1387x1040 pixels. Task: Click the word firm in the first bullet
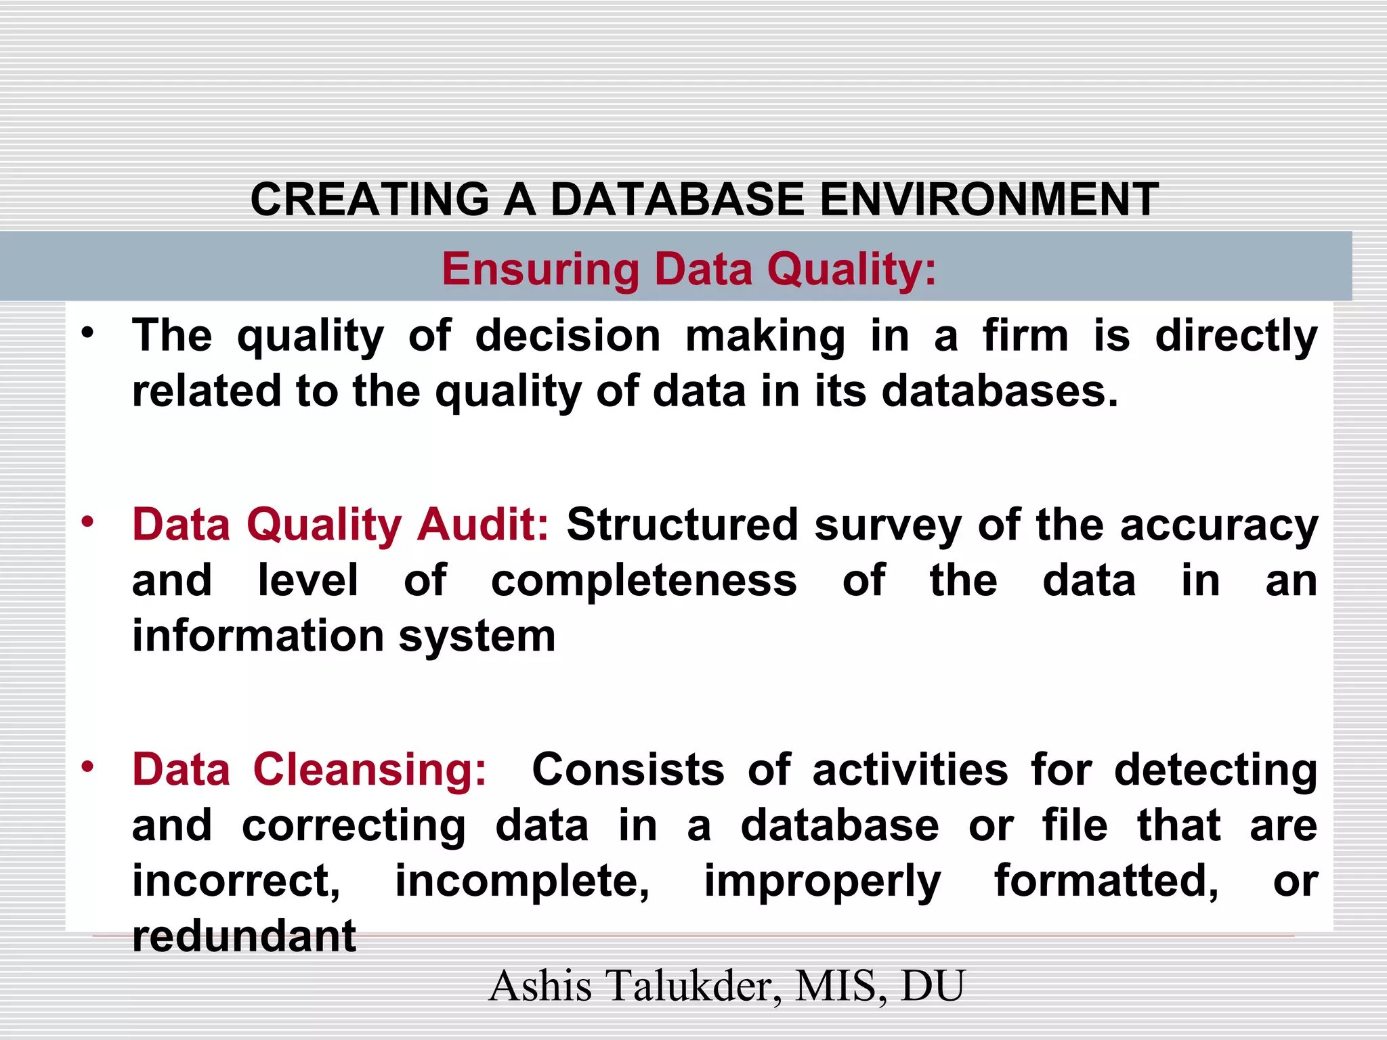(1025, 336)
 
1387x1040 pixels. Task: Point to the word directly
(1236, 337)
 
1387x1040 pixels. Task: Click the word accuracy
(1219, 526)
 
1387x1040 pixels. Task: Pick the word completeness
(644, 582)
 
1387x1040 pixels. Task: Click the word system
(477, 637)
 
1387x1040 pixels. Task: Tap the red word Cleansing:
(370, 770)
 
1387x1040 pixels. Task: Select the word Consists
(628, 770)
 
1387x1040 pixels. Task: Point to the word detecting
(1216, 771)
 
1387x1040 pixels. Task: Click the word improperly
(822, 882)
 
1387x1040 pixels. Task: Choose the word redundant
(244, 936)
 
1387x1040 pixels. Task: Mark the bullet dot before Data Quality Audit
(87, 522)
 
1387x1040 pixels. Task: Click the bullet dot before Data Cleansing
(87, 767)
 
